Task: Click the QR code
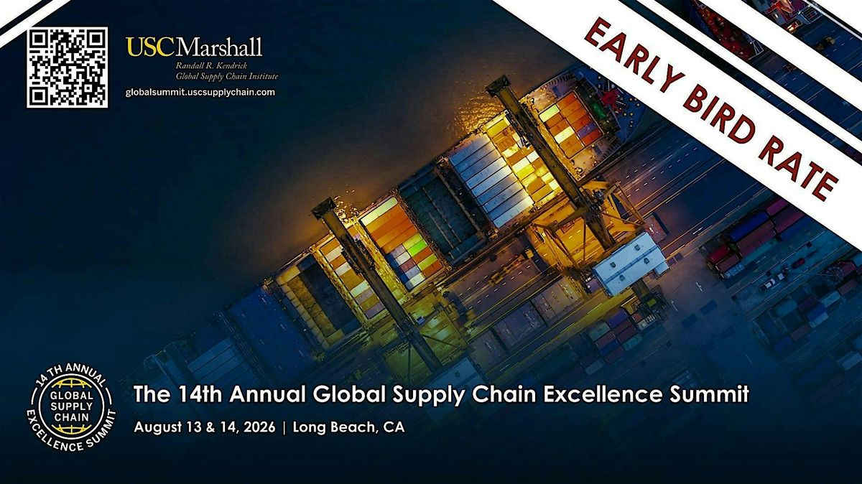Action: (x=68, y=68)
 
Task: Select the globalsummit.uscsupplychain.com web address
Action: (x=200, y=92)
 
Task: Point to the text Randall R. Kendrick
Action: (x=208, y=66)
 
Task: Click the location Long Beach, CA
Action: (x=349, y=427)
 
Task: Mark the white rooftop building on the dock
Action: (x=629, y=262)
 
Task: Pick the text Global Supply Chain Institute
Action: (x=227, y=76)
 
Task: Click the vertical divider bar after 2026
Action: (x=284, y=427)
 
